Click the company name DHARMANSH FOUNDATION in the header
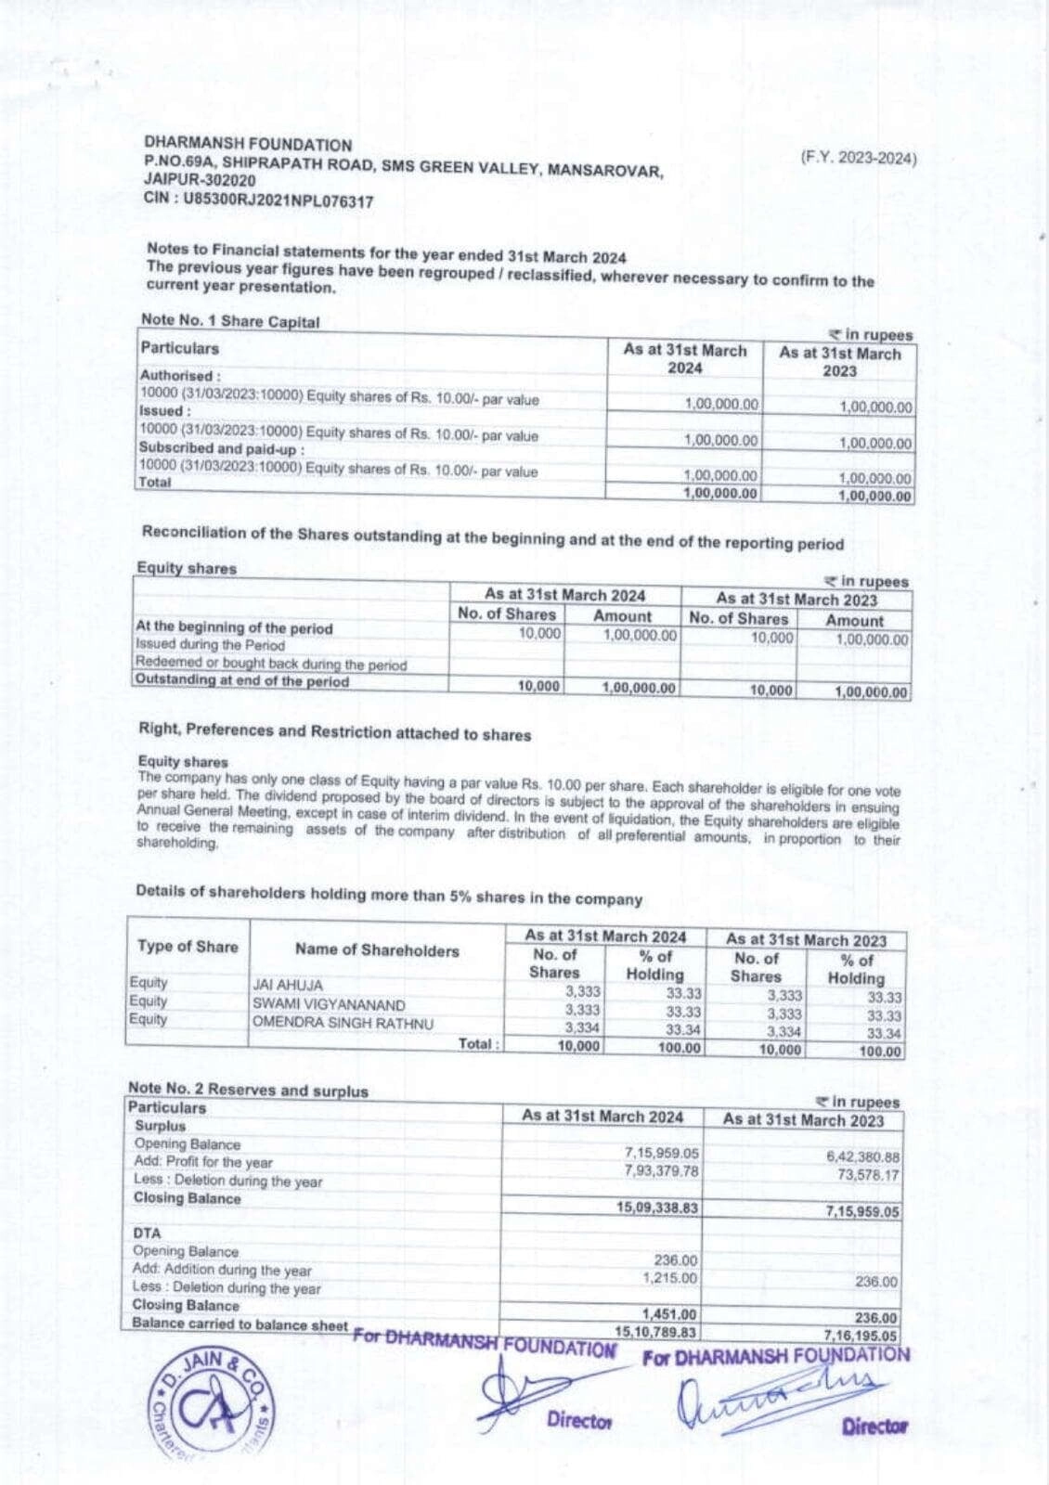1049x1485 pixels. (248, 145)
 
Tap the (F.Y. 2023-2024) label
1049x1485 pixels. (858, 158)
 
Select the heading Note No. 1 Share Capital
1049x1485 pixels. (230, 321)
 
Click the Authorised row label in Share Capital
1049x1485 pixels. (180, 376)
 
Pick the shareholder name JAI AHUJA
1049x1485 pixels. (288, 986)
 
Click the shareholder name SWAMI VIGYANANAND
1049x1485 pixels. (329, 1005)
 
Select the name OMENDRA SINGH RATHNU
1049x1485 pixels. (343, 1023)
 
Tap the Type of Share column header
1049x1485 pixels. (188, 947)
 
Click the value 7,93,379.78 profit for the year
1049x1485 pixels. (661, 1171)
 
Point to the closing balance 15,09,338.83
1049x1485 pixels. (657, 1207)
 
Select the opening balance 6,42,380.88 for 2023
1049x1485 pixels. (862, 1157)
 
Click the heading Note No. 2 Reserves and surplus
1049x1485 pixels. (248, 1091)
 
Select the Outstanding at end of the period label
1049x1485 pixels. (242, 680)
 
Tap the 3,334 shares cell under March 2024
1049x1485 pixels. (581, 1027)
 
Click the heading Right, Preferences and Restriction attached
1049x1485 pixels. (334, 732)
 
